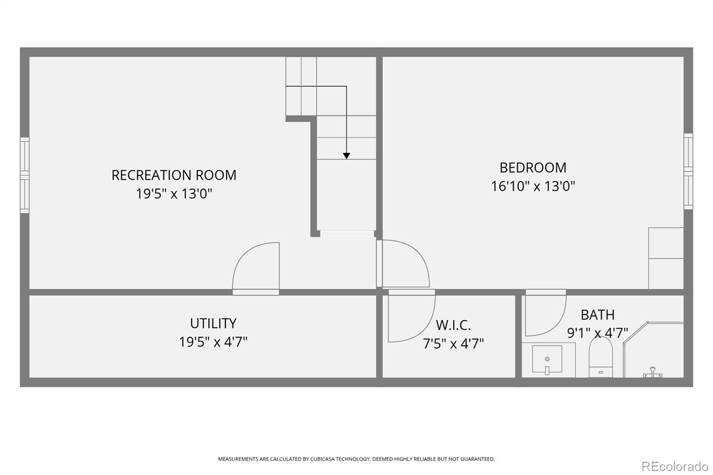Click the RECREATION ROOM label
174,175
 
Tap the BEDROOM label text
533,168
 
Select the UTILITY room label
213,323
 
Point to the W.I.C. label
453,325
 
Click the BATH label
598,315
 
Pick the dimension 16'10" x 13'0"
533,186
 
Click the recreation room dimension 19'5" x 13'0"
174,193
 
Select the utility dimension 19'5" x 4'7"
213,342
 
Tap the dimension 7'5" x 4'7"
453,344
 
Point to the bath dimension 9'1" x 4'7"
598,333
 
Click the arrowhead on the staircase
346,156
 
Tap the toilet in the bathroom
601,357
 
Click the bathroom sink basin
547,359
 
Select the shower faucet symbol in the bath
652,372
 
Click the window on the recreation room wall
25,175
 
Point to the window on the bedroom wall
688,171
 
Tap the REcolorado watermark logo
675,467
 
